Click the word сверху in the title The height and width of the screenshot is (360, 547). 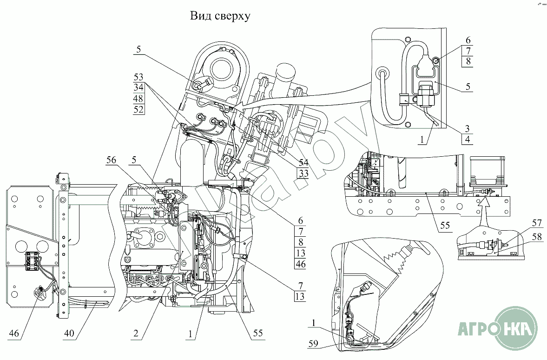click(x=232, y=17)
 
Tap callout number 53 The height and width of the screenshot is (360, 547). click(x=138, y=77)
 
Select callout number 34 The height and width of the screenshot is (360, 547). click(x=138, y=87)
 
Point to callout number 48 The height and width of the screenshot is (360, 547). click(x=138, y=99)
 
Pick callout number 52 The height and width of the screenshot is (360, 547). click(x=138, y=110)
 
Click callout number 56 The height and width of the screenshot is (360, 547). click(x=112, y=160)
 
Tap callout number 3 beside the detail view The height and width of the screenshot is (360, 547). click(x=468, y=128)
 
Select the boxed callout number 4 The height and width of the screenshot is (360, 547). click(x=468, y=139)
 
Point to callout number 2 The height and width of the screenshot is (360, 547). click(x=135, y=333)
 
